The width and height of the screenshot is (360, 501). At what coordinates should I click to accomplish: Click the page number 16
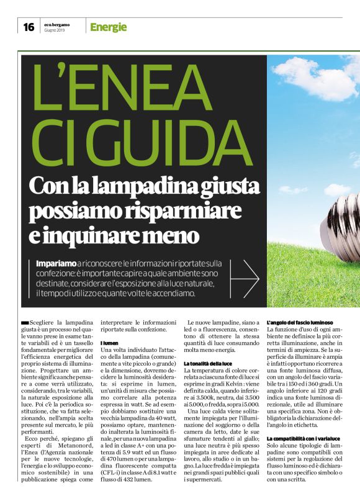(29, 27)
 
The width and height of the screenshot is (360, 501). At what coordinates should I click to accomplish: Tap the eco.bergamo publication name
(56, 24)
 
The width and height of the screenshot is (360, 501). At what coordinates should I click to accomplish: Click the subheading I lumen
(109, 343)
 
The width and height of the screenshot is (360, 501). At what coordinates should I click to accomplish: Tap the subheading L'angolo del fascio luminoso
(300, 323)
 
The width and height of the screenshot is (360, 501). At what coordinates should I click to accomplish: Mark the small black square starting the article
(24, 323)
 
